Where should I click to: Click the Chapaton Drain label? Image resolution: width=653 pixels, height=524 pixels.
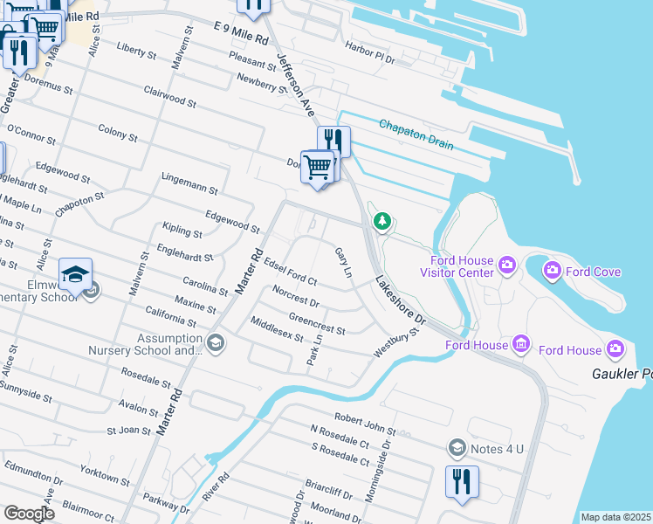(416, 134)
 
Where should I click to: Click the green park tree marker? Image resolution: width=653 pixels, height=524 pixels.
(381, 222)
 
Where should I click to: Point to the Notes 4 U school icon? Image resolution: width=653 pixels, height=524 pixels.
(457, 449)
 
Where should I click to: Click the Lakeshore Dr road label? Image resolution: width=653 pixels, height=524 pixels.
(401, 302)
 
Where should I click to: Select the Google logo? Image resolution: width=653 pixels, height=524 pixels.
(29, 513)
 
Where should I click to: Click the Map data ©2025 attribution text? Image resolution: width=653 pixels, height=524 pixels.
(615, 517)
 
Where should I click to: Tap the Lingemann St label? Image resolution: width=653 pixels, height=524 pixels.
(189, 183)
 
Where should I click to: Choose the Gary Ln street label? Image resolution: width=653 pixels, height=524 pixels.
(343, 262)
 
